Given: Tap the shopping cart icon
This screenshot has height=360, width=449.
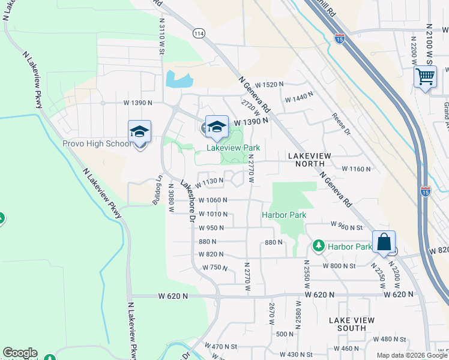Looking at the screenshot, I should [425, 77].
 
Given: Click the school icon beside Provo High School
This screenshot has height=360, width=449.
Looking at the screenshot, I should [139, 131].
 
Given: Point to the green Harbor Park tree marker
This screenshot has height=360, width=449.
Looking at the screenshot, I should [318, 247].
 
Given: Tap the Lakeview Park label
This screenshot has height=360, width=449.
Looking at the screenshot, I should [234, 147].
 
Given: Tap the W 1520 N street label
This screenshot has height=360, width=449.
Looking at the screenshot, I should [269, 85].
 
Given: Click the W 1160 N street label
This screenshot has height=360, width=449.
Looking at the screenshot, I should [357, 170].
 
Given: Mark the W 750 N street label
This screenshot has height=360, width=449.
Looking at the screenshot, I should [213, 268].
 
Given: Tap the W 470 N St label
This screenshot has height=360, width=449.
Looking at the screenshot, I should [221, 346].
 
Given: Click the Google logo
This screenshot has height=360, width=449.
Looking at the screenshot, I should [19, 353].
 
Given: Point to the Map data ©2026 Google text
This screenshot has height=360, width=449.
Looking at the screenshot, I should [411, 355].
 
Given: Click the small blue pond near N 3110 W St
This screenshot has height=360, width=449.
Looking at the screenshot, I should [179, 79].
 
